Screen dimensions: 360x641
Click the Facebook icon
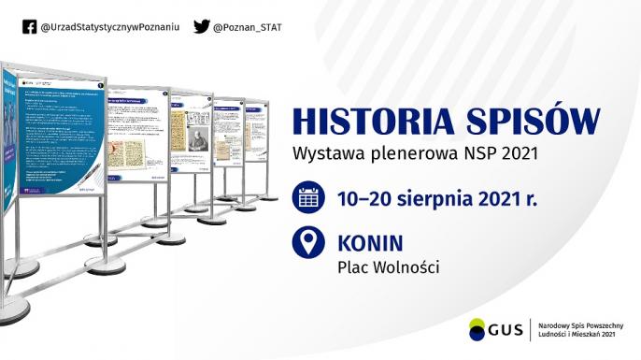tap(31, 27)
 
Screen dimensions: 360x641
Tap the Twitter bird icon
tap(201, 27)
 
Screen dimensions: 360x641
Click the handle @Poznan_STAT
tap(247, 27)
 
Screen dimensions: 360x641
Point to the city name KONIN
tap(370, 243)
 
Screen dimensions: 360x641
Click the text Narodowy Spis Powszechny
tap(578, 323)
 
